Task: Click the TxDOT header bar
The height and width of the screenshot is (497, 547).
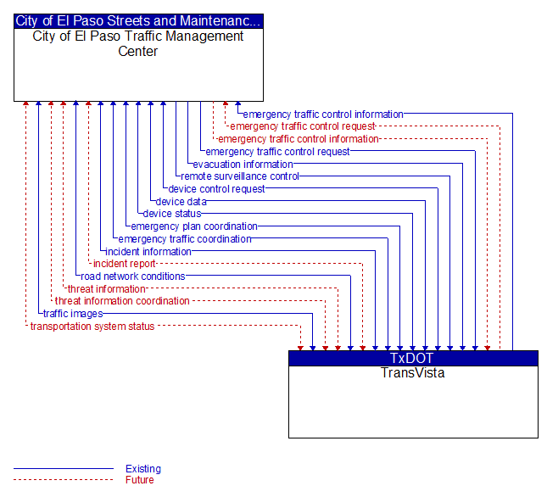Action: (413, 358)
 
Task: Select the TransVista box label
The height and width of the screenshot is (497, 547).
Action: (413, 373)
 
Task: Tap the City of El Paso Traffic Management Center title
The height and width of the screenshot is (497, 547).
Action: (138, 43)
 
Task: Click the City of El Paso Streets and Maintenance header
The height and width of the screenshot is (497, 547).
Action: (138, 21)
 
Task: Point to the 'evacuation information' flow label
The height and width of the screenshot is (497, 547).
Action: (243, 165)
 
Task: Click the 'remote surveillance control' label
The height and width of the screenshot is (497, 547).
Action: (240, 176)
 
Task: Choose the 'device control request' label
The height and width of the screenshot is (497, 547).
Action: (216, 189)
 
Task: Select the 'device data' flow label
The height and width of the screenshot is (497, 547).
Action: (181, 202)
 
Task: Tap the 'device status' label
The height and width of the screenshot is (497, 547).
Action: (172, 214)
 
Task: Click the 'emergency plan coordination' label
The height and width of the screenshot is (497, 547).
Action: (194, 226)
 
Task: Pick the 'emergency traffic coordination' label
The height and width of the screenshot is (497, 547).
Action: (185, 239)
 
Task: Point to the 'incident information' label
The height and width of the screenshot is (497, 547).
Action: (148, 251)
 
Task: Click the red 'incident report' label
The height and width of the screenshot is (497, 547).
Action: (124, 264)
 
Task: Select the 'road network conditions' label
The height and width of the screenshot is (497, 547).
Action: (133, 276)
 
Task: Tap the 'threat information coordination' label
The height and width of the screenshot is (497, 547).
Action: (122, 301)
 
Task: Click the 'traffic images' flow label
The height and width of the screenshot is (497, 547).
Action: (73, 314)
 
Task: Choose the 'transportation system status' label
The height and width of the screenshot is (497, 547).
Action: (92, 327)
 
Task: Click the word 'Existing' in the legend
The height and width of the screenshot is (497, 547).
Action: (143, 469)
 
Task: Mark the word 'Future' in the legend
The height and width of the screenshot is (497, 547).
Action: (140, 480)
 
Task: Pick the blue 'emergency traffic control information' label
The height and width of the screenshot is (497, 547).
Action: (323, 114)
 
